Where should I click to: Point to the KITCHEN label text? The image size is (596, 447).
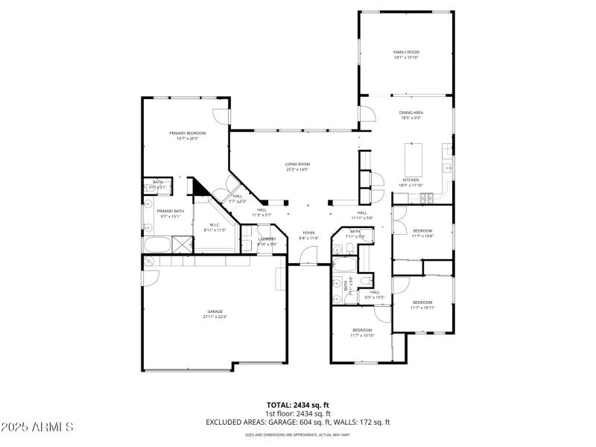[410, 180]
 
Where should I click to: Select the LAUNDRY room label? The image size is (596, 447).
[267, 240]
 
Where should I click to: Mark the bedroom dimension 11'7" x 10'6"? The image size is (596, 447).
[422, 233]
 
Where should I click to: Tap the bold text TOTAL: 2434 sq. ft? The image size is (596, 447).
[297, 405]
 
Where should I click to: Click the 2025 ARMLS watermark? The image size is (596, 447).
[37, 427]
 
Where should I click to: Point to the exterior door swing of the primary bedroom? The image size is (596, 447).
[221, 116]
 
